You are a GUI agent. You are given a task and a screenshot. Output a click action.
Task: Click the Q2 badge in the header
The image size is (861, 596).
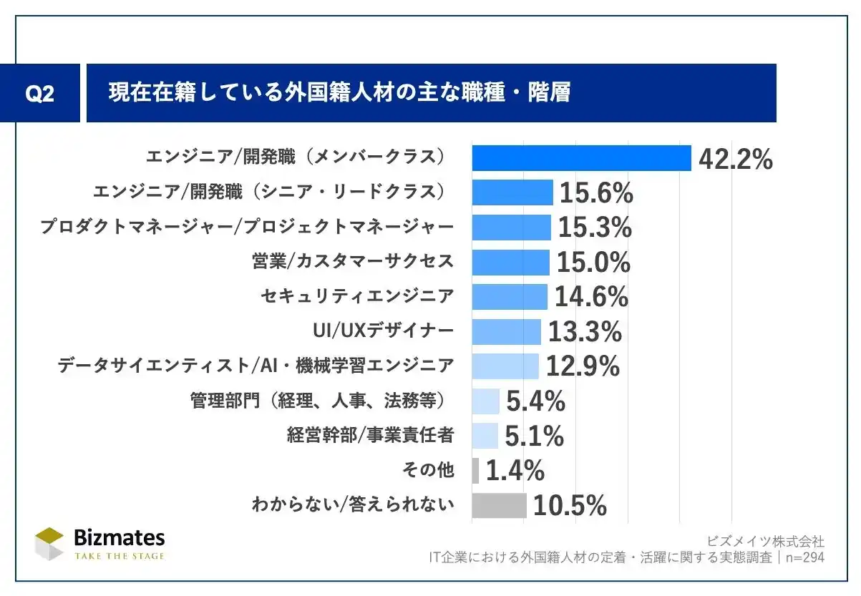[x=39, y=94]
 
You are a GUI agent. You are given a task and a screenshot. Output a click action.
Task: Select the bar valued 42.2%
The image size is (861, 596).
[x=581, y=158]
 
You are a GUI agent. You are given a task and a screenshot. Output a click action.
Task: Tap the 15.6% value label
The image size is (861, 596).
[x=595, y=193]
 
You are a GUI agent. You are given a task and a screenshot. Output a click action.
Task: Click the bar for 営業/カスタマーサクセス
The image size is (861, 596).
[x=510, y=262]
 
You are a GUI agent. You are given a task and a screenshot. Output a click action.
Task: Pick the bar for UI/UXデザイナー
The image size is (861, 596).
[x=506, y=331]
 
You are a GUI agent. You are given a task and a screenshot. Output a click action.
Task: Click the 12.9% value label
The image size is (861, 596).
[x=582, y=366]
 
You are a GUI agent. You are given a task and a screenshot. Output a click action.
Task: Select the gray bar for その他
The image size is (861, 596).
[x=475, y=470]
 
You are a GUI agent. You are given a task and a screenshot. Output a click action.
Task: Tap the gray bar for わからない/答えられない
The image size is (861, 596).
[x=499, y=505]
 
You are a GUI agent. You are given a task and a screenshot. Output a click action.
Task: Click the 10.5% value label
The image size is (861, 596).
[x=570, y=506]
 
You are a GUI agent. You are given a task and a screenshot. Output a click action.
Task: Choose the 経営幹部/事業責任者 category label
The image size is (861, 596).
[x=370, y=435]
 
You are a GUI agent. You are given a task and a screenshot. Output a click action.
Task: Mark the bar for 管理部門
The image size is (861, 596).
[x=485, y=401]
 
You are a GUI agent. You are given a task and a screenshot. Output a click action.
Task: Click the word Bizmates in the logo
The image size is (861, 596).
[x=119, y=538]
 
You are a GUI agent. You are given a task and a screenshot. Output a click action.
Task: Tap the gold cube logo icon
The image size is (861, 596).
[x=50, y=544]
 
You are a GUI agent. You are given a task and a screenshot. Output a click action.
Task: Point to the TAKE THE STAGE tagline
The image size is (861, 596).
[x=119, y=556]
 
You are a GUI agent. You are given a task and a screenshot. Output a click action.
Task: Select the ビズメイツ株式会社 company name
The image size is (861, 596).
[x=765, y=541]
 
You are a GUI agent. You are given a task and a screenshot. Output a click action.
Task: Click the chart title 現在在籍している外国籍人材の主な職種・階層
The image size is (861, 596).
[x=339, y=94]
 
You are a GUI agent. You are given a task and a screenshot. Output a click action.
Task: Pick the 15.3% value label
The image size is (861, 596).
[x=594, y=228]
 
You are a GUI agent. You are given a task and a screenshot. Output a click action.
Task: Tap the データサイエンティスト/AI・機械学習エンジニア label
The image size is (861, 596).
[x=256, y=366]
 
